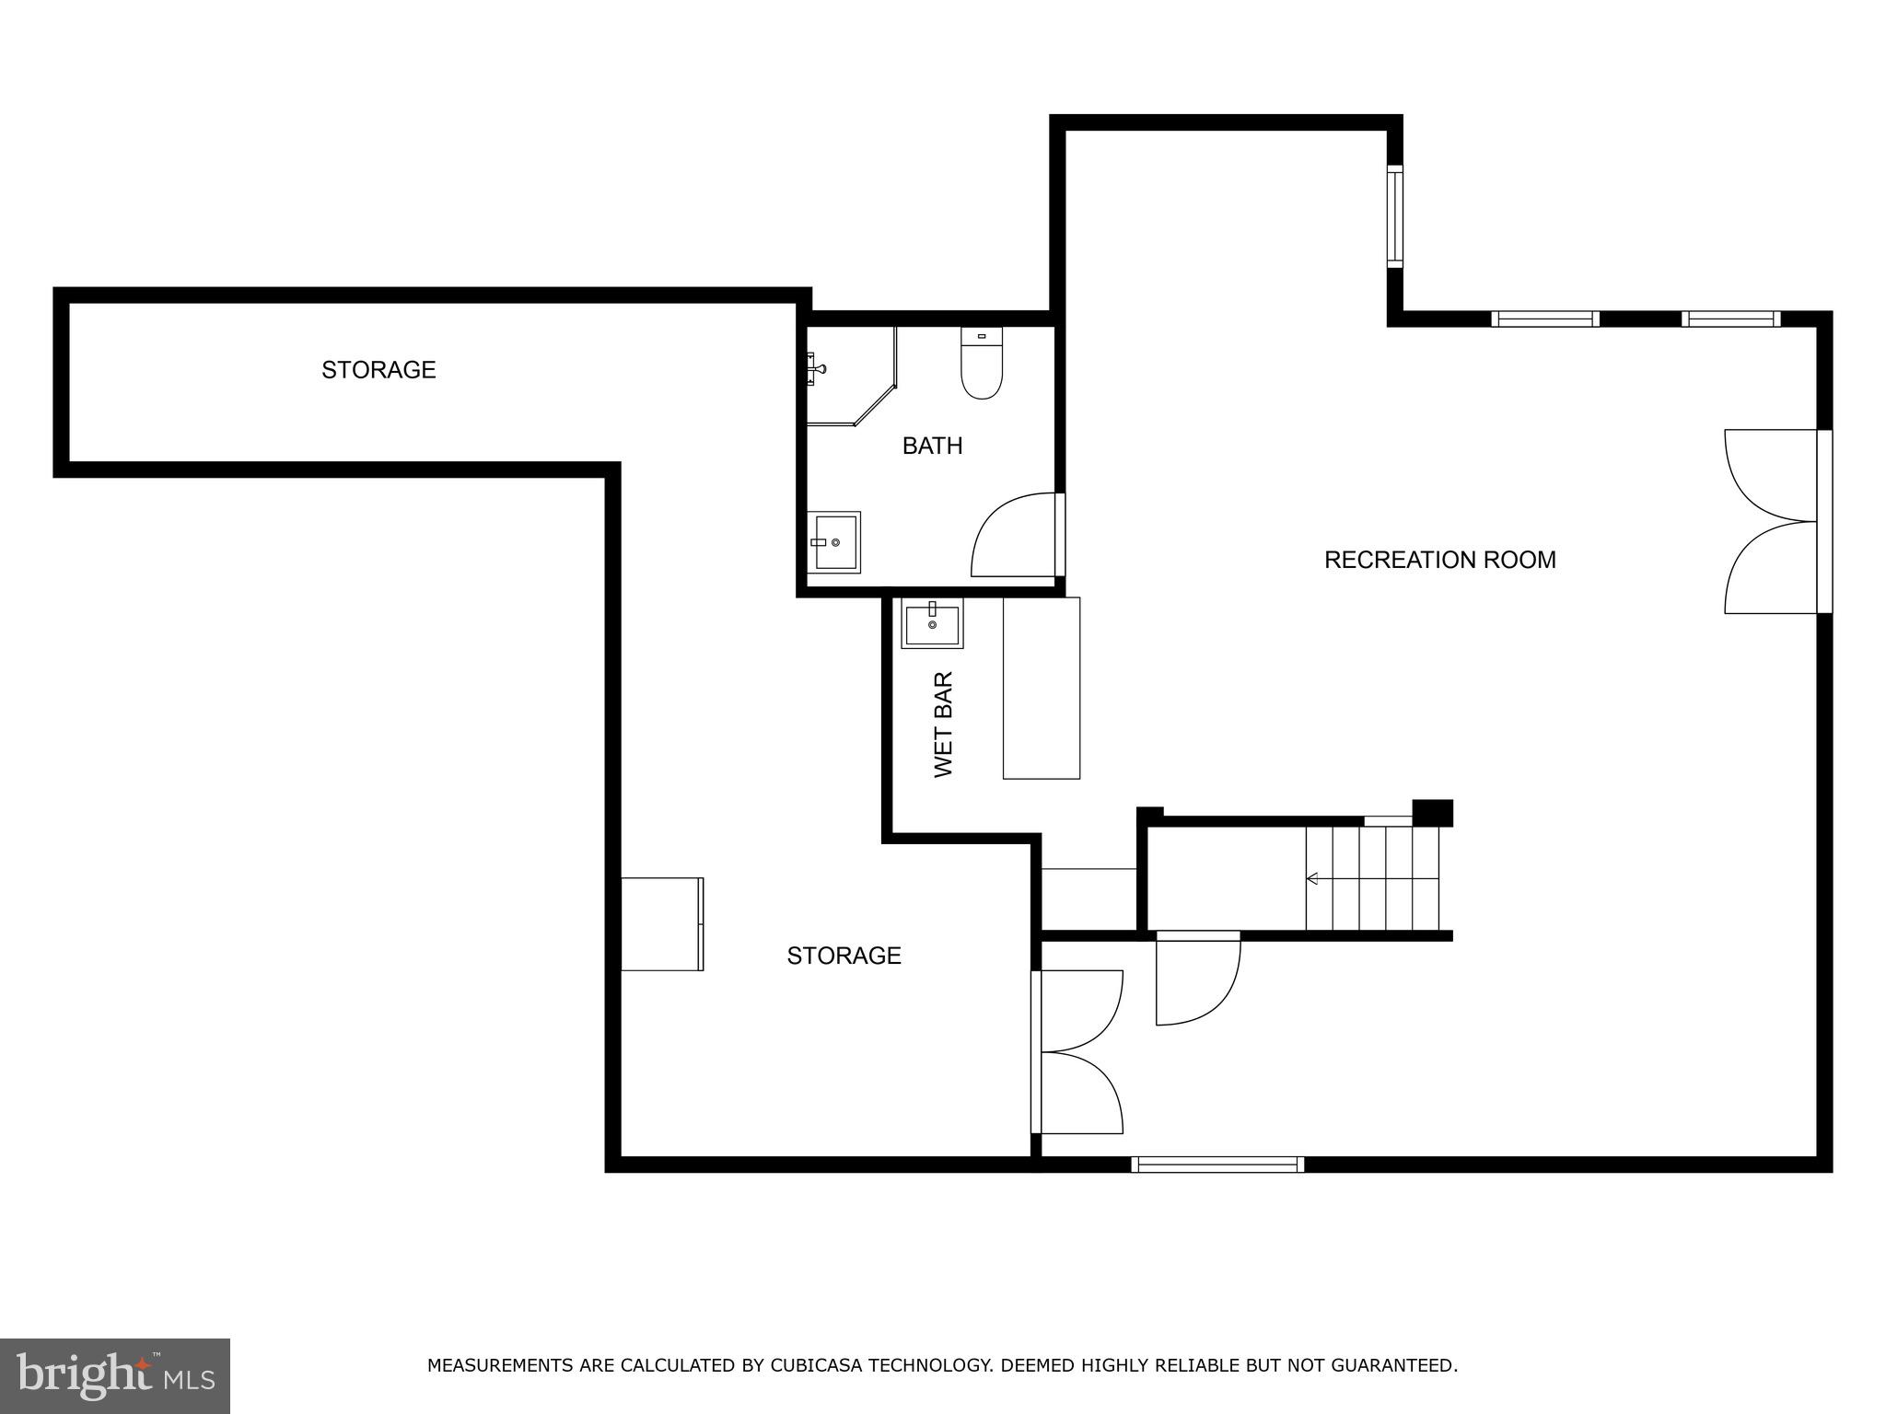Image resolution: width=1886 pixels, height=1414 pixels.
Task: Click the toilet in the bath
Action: [x=982, y=365]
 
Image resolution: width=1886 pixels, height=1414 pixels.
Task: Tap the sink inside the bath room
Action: [x=834, y=542]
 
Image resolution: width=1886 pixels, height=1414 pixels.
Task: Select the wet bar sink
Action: [x=932, y=623]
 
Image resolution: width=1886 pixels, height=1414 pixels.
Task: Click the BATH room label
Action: [x=932, y=446]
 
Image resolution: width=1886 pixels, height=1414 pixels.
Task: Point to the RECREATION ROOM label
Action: [x=1439, y=560]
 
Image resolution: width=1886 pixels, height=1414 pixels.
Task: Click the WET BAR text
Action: [x=944, y=724]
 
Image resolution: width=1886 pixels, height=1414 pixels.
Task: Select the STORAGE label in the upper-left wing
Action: [x=378, y=370]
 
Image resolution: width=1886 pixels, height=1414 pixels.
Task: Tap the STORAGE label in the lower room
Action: [x=844, y=956]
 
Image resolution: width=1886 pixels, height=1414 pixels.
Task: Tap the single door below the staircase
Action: [x=1197, y=979]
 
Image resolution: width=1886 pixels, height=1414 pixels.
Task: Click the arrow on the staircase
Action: [x=1312, y=878]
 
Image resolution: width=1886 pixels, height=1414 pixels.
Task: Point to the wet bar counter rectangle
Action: [x=1041, y=688]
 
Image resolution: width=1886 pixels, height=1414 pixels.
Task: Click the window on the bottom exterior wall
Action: [x=1217, y=1165]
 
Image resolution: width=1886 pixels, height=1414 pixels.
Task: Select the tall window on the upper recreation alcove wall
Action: [x=1395, y=217]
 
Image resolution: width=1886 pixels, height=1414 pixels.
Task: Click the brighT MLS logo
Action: [x=114, y=1375]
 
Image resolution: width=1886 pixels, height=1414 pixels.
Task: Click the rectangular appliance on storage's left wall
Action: [x=662, y=923]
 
